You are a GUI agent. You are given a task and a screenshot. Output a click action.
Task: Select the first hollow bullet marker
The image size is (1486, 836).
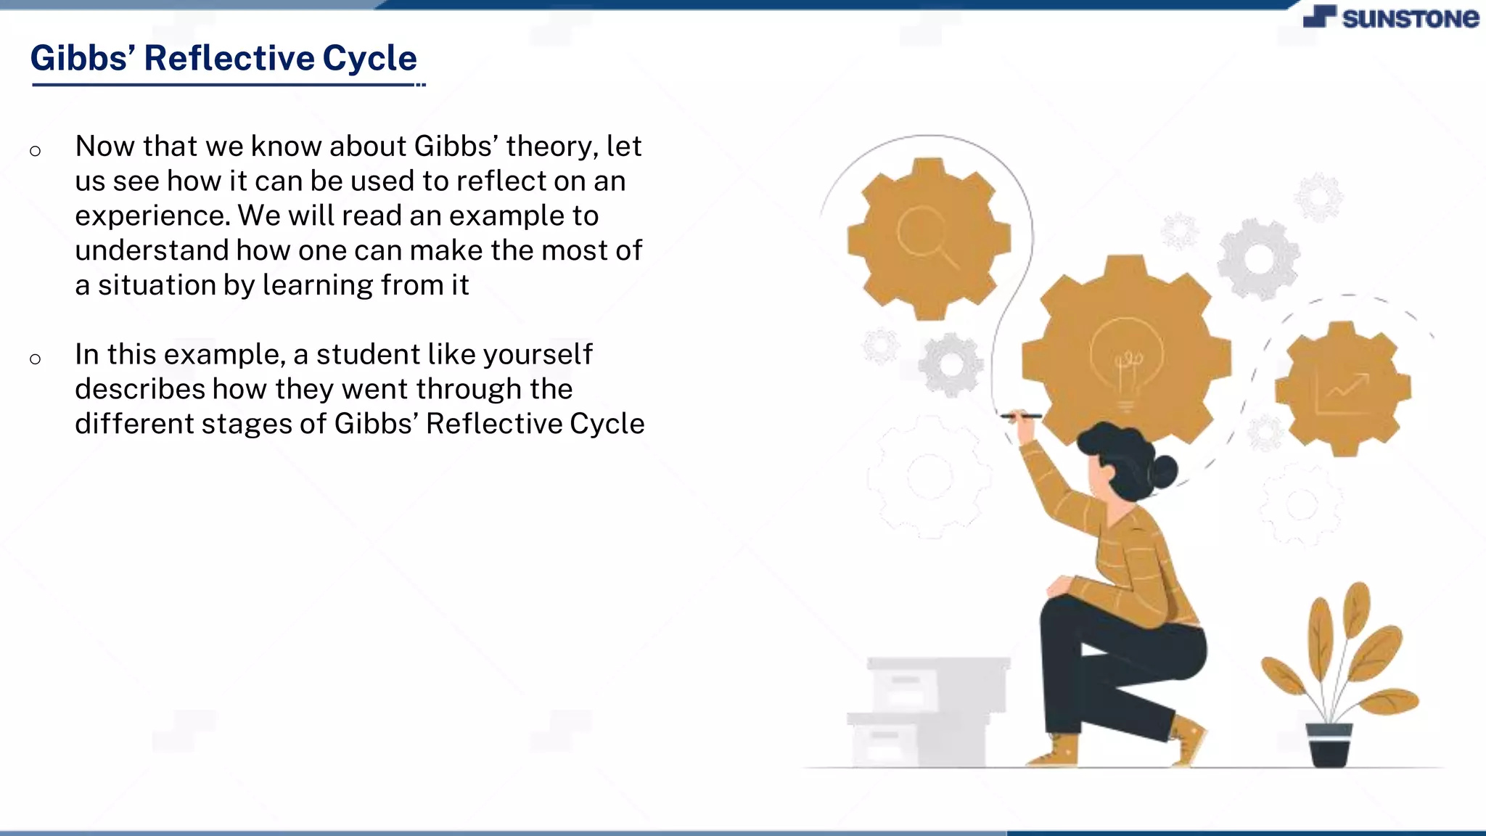tap(35, 151)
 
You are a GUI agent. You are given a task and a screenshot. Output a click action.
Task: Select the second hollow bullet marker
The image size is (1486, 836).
tap(35, 358)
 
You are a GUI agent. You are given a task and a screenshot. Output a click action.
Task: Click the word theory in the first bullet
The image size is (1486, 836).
tap(551, 147)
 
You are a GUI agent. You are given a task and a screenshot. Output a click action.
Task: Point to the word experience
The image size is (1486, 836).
tap(152, 216)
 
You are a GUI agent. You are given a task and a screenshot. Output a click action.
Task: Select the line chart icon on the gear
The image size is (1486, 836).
tap(1342, 393)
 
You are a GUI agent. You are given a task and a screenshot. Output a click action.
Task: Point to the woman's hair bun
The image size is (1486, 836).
tap(1165, 472)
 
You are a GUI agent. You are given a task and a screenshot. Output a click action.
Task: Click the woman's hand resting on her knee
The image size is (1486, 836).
tap(1062, 585)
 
